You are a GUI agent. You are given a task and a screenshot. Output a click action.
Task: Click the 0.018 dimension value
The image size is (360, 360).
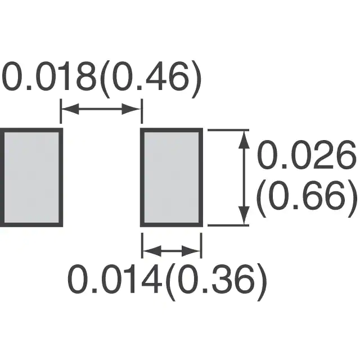pos(49,76)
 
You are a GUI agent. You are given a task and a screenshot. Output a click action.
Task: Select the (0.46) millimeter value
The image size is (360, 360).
pos(151,79)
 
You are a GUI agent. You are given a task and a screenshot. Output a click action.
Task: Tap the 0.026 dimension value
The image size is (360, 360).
pos(307,155)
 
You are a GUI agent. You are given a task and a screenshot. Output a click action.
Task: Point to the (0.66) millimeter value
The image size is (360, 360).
pos(307,199)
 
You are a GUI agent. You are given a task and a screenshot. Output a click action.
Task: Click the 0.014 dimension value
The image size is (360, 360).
pos(114,279)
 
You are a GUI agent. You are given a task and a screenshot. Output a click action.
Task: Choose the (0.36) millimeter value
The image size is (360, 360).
pos(216,282)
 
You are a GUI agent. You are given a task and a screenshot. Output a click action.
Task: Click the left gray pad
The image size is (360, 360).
pos(31,178)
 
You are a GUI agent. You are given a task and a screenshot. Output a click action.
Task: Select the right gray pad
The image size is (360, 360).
pos(172,178)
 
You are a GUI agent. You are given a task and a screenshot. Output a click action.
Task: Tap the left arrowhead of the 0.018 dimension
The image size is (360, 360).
pos(70,109)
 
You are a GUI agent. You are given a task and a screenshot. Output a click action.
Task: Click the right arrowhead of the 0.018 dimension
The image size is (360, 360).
pos(130,109)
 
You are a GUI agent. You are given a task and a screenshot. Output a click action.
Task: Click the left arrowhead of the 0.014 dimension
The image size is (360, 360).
pos(152,250)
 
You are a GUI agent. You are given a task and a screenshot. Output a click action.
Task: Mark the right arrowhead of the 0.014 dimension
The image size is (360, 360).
pos(191,250)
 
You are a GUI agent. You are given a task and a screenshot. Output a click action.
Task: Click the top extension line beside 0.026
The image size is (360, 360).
pos(228,130)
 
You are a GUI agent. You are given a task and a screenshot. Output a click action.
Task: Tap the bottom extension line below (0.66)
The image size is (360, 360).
pos(228,226)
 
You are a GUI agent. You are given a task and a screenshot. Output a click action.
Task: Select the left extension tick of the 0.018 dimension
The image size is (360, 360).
pos(61,111)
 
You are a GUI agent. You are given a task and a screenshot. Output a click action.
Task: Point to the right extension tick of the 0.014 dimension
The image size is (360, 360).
pos(201,246)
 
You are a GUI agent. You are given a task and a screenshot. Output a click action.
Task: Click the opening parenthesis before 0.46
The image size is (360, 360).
pos(106,79)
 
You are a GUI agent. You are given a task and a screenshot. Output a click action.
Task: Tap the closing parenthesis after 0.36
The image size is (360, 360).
pos(262,282)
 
